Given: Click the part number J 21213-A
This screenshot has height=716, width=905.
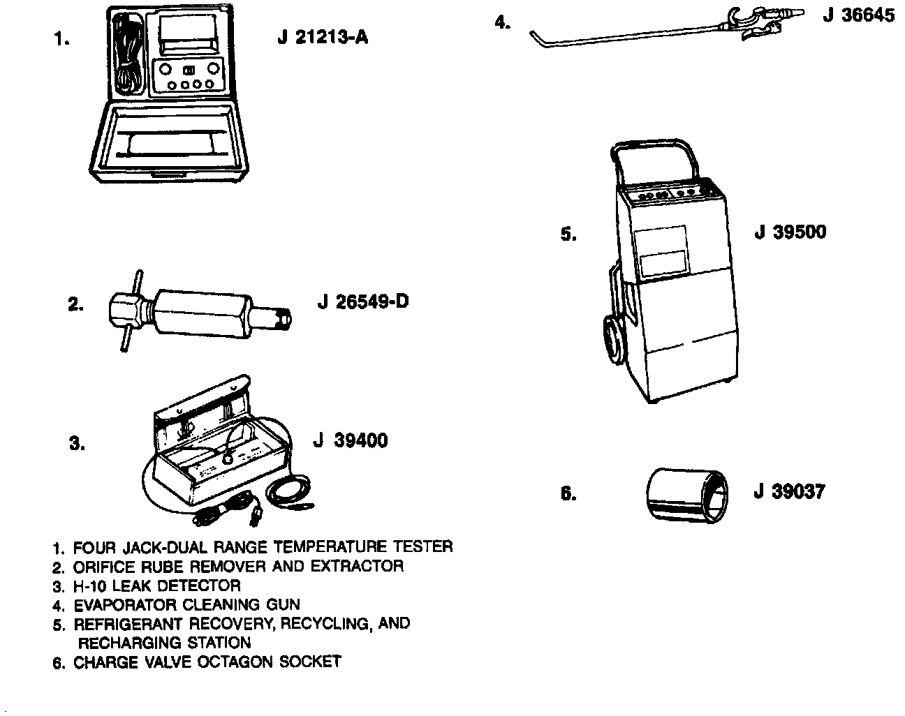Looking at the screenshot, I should [322, 37].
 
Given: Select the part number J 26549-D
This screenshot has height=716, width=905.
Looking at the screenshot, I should [362, 302].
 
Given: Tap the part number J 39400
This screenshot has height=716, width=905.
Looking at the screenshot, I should [350, 440].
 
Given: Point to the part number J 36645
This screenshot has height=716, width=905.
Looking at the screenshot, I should [858, 15].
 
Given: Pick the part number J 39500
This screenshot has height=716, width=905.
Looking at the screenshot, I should [790, 232].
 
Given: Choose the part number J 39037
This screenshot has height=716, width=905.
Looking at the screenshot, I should [789, 491].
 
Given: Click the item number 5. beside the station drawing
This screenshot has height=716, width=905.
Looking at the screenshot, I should [568, 234].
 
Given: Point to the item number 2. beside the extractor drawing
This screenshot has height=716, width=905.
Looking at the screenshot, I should [75, 304].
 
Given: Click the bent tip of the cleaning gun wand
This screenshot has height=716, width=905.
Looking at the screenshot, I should [536, 35].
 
